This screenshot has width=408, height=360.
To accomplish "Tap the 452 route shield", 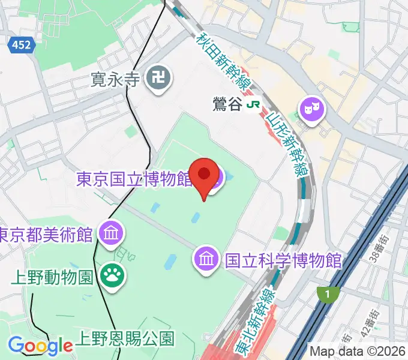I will pos(20,44).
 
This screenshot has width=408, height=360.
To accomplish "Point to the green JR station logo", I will pos(253,104).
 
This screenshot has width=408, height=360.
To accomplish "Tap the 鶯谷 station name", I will pos(227,104).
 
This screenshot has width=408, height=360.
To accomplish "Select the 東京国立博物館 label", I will pos(141,178).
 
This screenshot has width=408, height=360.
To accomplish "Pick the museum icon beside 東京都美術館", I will pos(110,232).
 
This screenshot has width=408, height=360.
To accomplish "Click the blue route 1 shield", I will pos(326,294).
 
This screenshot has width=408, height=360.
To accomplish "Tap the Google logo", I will pos(40,346).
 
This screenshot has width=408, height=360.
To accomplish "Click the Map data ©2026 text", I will pos(357,350).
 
